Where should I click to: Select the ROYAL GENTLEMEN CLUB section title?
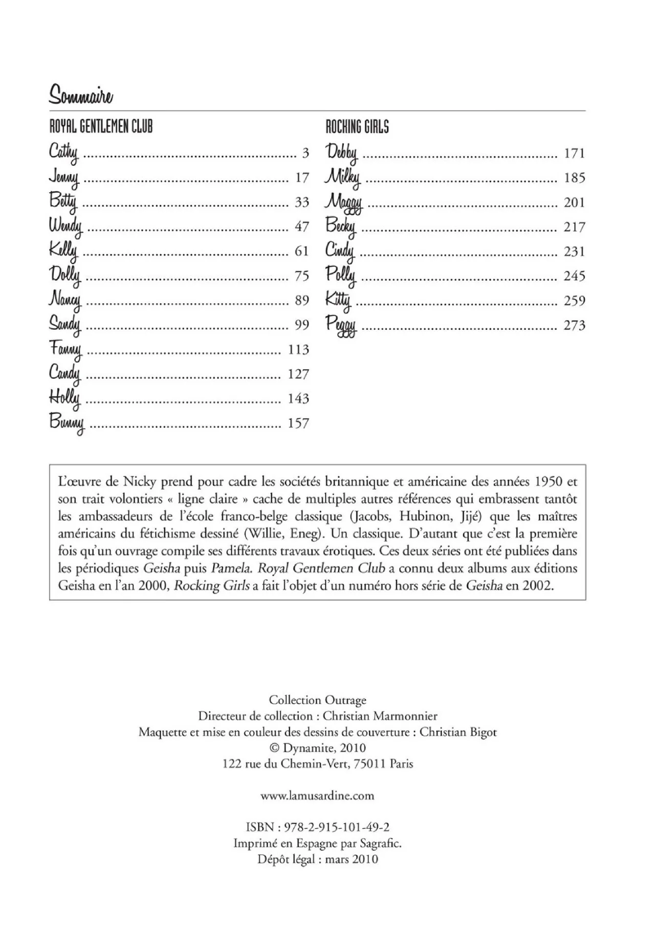pyautogui.click(x=101, y=126)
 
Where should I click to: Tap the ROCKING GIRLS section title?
pyautogui.click(x=357, y=126)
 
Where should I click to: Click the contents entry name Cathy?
pyautogui.click(x=63, y=153)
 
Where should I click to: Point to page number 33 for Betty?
pyautogui.click(x=302, y=202)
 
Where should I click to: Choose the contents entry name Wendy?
pyautogui.click(x=65, y=226)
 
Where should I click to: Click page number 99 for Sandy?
pyautogui.click(x=302, y=325)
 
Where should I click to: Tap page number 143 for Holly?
pyautogui.click(x=298, y=398)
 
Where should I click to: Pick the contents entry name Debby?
pyautogui.click(x=341, y=153)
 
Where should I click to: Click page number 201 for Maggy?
pyautogui.click(x=574, y=202)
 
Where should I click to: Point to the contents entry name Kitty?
pyautogui.click(x=338, y=300)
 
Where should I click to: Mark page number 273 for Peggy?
pyautogui.click(x=574, y=325)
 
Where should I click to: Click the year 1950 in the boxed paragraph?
pyautogui.click(x=549, y=481)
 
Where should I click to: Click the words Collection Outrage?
pyautogui.click(x=317, y=700)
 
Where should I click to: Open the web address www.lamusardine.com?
pyautogui.click(x=317, y=796)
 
